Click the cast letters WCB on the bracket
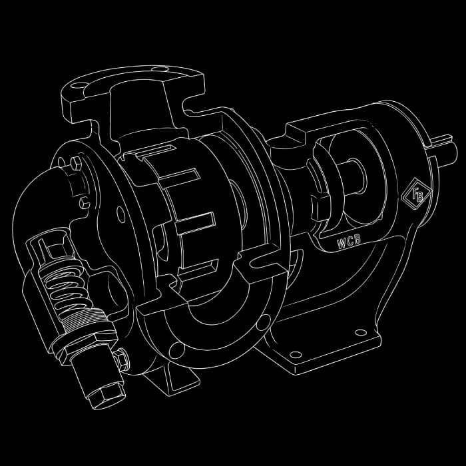click(349, 242)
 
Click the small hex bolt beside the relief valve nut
click(122, 359)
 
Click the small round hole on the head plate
click(120, 213)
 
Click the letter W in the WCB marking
click(340, 244)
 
